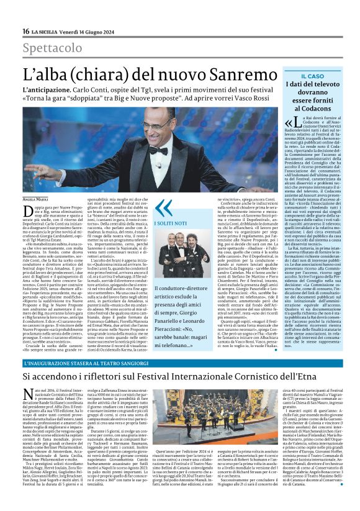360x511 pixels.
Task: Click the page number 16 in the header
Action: (26, 31)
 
